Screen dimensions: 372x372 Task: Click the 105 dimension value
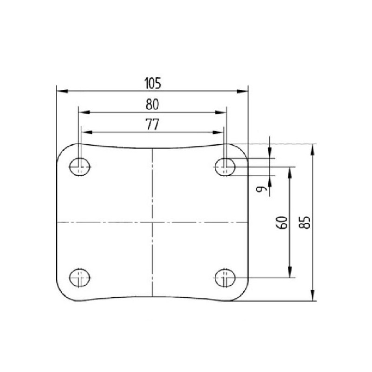(x=153, y=83)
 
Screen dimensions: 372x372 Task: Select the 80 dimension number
(x=153, y=104)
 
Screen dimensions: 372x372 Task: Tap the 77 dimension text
(x=153, y=124)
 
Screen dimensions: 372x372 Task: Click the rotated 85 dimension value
(x=305, y=222)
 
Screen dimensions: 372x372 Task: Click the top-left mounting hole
(x=80, y=167)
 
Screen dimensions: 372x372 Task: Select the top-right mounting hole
(x=225, y=167)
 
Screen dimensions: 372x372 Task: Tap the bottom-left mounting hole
(x=80, y=278)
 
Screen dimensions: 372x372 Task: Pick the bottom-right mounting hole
(x=225, y=278)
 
